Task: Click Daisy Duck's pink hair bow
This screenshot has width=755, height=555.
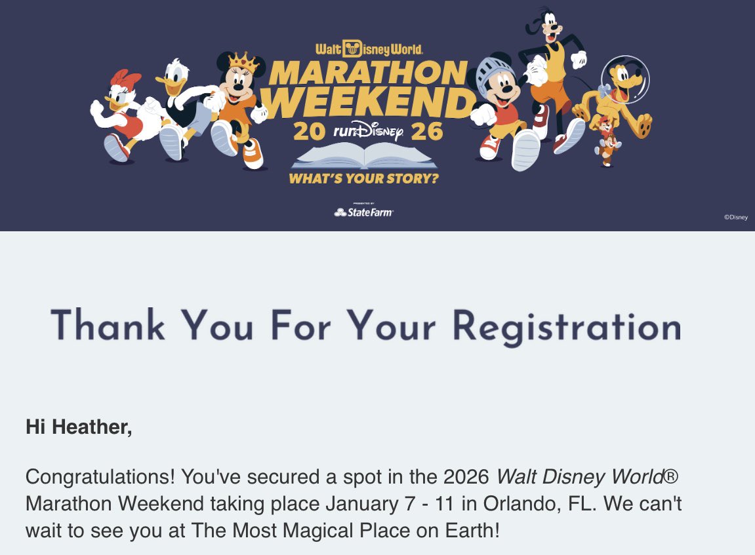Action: (x=127, y=81)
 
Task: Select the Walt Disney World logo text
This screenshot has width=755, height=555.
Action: (x=369, y=49)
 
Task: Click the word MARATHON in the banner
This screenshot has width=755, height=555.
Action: (x=367, y=72)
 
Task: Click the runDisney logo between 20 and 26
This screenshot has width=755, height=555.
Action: (x=368, y=132)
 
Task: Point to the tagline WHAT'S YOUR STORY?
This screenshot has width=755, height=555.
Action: (x=364, y=178)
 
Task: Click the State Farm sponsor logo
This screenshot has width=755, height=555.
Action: (x=364, y=212)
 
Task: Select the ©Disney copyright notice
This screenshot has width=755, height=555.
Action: (x=735, y=218)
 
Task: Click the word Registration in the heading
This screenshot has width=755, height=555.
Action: (x=567, y=326)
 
